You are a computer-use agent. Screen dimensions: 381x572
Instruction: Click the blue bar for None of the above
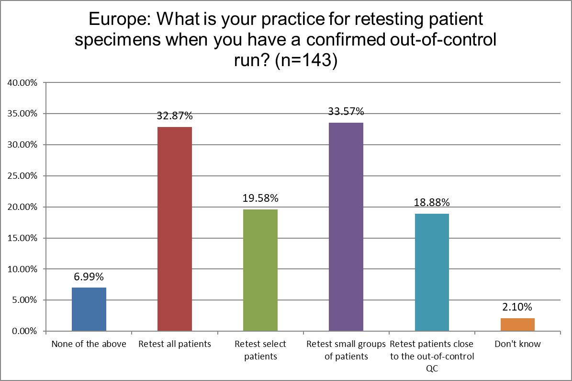(x=89, y=310)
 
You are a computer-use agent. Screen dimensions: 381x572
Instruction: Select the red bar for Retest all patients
(x=175, y=229)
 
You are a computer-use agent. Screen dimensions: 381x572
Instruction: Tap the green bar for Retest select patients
(x=260, y=270)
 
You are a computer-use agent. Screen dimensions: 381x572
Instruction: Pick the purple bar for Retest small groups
(x=346, y=227)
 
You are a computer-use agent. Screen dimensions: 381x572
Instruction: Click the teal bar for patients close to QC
(x=432, y=272)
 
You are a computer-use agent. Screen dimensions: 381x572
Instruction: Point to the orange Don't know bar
(x=517, y=324)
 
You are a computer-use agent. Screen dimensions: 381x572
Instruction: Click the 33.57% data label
(x=346, y=112)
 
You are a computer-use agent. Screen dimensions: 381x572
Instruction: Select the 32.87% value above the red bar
(x=175, y=116)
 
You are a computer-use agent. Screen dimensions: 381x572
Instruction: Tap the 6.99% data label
(x=89, y=277)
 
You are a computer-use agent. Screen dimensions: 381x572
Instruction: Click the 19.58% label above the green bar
(x=260, y=198)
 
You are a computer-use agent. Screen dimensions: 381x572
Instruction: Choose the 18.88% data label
(x=432, y=203)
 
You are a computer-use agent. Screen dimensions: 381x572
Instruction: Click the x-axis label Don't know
(x=517, y=344)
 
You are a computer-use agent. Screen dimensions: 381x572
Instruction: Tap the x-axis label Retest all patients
(x=175, y=344)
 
